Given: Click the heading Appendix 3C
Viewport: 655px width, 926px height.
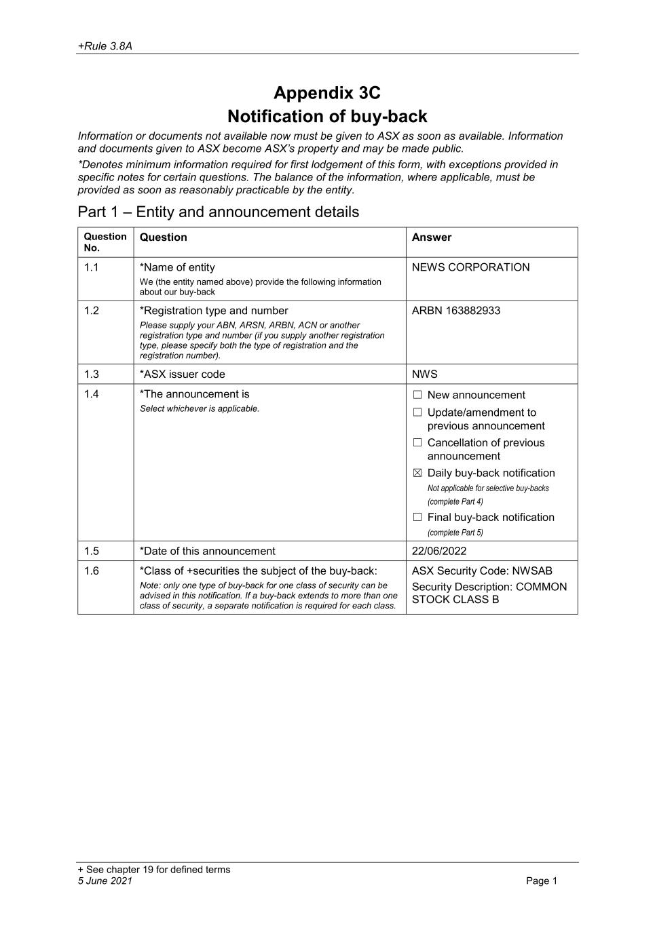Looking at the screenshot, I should tap(327, 93).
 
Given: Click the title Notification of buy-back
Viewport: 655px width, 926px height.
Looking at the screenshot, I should tap(327, 116).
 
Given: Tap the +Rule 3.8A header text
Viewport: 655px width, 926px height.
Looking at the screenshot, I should tap(105, 46).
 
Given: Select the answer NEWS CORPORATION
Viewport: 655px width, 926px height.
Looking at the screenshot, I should tap(470, 267).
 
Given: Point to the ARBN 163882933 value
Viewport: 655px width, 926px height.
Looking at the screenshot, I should tap(455, 311).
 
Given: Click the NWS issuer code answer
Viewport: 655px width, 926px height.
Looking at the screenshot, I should tap(424, 374).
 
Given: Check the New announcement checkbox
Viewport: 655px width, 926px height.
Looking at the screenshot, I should tap(417, 395).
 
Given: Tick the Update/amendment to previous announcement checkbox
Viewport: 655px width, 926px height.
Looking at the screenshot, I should tap(417, 412).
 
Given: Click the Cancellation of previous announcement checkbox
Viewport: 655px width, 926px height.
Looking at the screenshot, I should tap(417, 443).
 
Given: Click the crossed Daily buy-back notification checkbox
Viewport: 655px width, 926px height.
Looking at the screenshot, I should tap(417, 473).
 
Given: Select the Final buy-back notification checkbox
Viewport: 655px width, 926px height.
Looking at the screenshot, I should tap(417, 517).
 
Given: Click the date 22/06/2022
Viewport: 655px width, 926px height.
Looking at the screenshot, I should tap(439, 551).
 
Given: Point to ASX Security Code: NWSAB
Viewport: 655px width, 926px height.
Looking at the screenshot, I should tap(482, 571).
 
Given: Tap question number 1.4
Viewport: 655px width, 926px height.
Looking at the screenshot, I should tap(91, 394).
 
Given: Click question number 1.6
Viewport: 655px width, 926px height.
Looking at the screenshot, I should tap(91, 571).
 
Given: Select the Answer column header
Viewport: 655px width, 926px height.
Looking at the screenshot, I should tap(431, 237).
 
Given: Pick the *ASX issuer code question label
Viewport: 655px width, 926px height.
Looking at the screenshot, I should tap(182, 374).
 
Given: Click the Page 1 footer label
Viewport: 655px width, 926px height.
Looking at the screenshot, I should tap(541, 881).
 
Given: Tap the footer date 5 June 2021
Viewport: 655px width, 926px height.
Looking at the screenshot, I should tap(105, 881).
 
